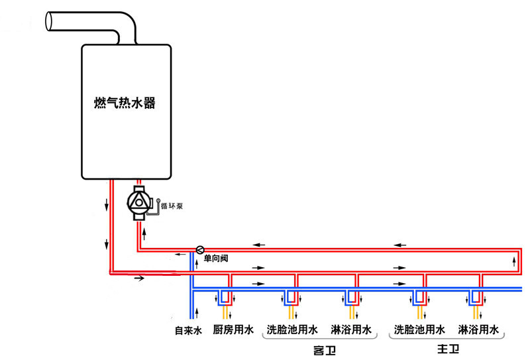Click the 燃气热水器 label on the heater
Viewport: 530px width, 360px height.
pos(126,105)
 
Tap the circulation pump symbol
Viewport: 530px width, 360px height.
pos(140,201)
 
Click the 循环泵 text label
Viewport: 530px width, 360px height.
pos(172,206)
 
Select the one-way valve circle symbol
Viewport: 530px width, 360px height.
pos(199,250)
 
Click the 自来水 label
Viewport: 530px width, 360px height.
pos(187,330)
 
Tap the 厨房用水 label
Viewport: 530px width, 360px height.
pos(233,330)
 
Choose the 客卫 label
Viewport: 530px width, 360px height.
pos(321,349)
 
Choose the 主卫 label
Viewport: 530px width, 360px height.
pos(447,349)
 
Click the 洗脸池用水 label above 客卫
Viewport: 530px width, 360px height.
pos(292,330)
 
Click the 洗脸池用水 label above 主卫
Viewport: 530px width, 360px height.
pos(419,330)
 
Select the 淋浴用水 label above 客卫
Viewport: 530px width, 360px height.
pos(350,330)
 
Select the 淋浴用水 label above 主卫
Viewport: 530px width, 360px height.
pos(478,330)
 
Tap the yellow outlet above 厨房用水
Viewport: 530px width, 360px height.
pos(225,312)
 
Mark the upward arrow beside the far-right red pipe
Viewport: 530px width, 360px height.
pos(515,261)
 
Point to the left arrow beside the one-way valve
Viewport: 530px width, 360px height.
pos(180,255)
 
